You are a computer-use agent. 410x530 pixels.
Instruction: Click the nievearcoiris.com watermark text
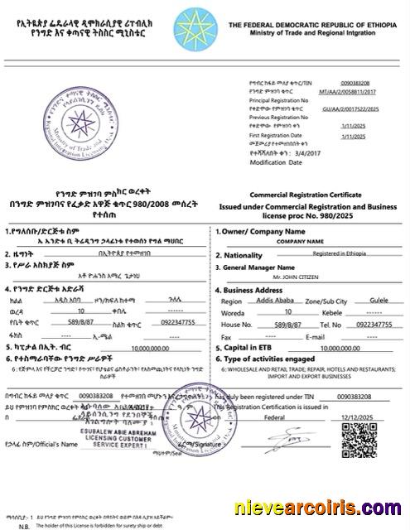coord(321,506)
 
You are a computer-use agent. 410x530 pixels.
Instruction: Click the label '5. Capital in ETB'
coord(246,349)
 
